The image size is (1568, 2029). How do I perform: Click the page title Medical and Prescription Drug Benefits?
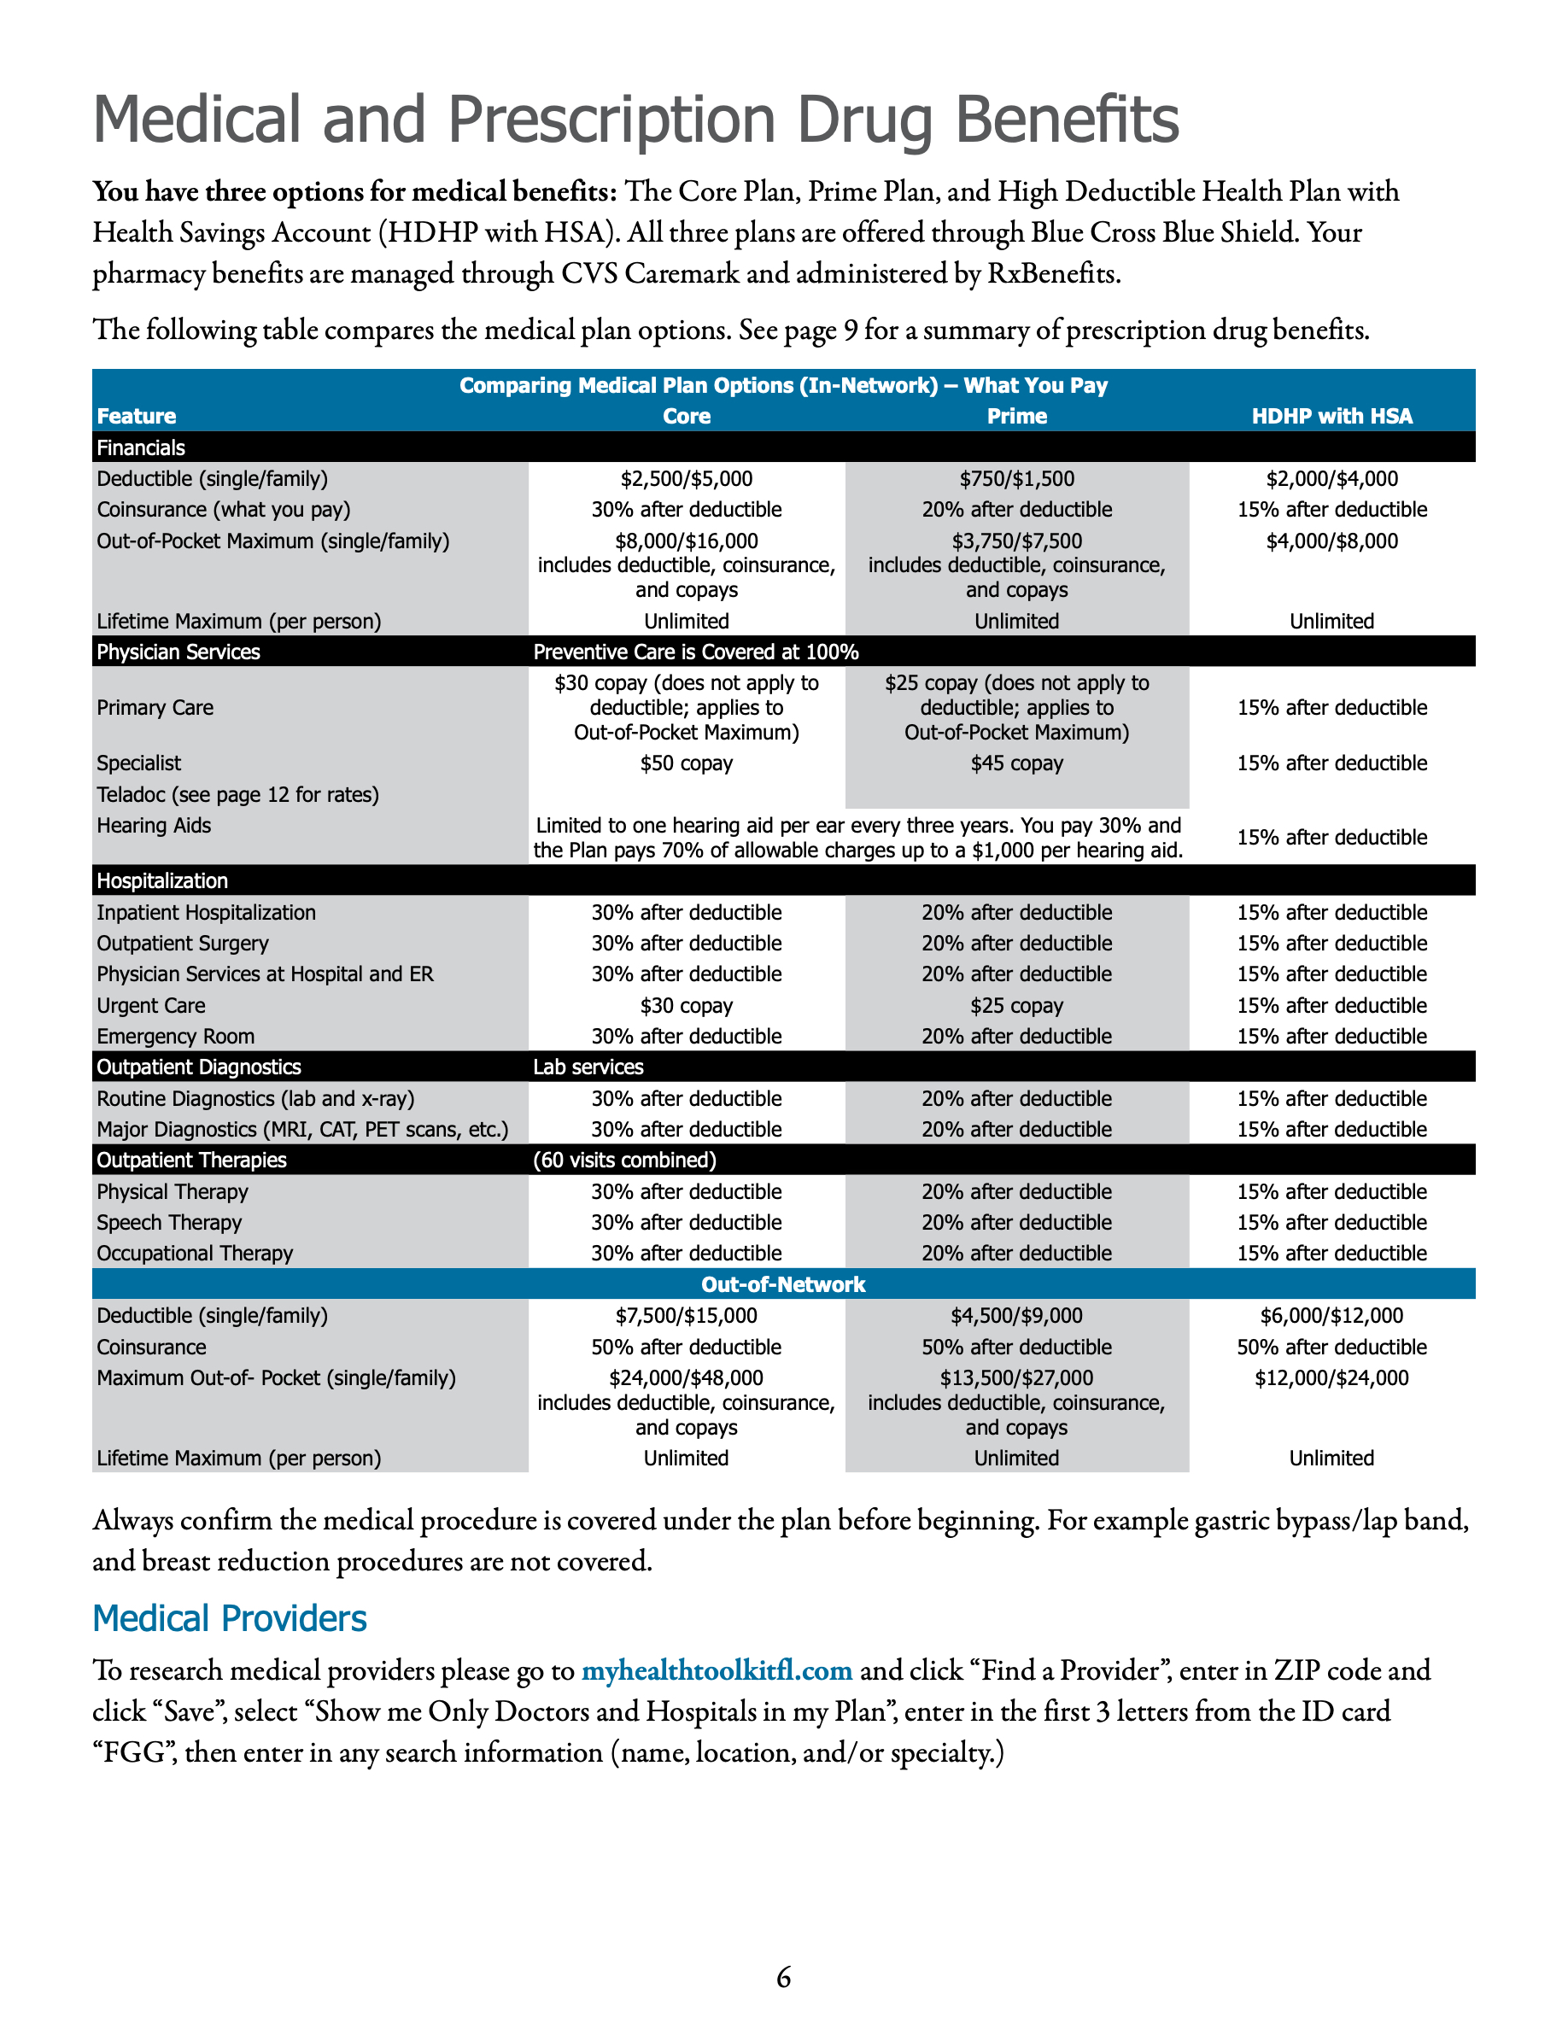[x=635, y=120]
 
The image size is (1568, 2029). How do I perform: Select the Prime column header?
[x=1016, y=416]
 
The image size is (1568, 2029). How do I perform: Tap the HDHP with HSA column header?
[x=1331, y=416]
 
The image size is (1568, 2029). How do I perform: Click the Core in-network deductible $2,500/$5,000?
[x=687, y=478]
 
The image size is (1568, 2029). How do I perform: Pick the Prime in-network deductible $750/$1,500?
[x=1016, y=478]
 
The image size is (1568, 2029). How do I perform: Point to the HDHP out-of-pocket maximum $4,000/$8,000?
[x=1331, y=541]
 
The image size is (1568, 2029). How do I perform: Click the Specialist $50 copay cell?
[x=687, y=763]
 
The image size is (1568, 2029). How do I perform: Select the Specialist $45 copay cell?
[x=1016, y=763]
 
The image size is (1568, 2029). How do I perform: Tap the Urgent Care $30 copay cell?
[x=687, y=1005]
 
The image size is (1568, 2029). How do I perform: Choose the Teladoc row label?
[x=237, y=794]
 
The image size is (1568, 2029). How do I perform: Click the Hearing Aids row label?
[x=155, y=825]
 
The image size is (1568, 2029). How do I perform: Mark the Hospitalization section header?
[x=162, y=880]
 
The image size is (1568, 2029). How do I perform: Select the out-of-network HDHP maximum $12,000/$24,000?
[x=1331, y=1377]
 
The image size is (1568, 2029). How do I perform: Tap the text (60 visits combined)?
[x=624, y=1160]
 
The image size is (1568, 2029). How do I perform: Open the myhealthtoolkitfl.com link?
[x=717, y=1670]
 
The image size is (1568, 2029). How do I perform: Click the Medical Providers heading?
[x=230, y=1618]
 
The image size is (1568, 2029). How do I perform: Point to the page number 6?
[x=783, y=1977]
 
